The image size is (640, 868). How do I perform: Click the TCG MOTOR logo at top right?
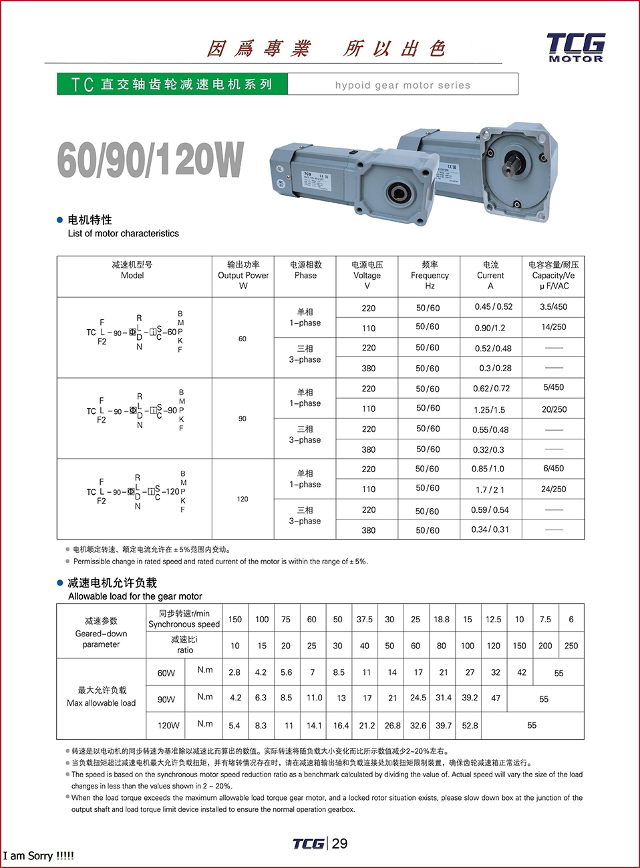(575, 47)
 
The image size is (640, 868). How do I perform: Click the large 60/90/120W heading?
(151, 160)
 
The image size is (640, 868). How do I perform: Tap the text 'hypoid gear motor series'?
(402, 85)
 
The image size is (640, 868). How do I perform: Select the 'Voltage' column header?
(367, 275)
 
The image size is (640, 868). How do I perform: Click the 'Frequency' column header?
(430, 275)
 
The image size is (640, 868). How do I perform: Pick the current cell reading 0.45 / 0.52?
(494, 307)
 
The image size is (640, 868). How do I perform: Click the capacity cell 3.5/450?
(554, 307)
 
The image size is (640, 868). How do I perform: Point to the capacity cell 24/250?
(554, 489)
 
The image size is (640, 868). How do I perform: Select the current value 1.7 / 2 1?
(490, 489)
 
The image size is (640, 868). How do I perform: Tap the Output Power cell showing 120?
(243, 499)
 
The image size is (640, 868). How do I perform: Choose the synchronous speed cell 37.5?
(364, 620)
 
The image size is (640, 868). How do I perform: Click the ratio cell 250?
(571, 646)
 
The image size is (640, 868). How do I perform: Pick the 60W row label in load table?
(166, 673)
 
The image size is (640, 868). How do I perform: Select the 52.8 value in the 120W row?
(470, 726)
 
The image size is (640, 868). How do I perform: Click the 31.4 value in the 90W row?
(444, 698)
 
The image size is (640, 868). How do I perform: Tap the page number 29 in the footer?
(340, 843)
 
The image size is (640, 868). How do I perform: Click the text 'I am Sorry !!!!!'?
(39, 856)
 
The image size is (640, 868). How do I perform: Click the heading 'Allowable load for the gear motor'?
(135, 596)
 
